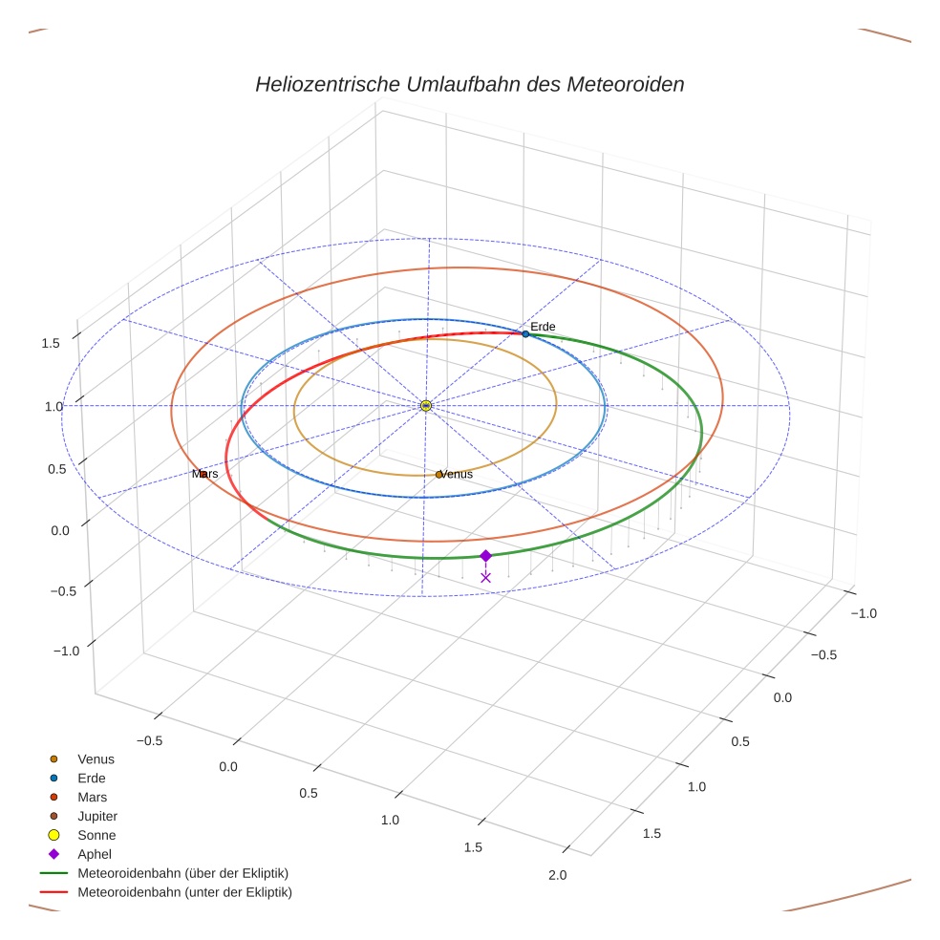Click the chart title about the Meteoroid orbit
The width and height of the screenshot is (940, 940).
469,84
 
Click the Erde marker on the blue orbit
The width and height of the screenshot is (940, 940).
525,333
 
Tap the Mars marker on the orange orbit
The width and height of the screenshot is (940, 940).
203,474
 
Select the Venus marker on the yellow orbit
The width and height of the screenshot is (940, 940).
438,475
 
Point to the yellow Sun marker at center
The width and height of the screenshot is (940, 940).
426,406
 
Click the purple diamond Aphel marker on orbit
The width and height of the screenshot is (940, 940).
485,556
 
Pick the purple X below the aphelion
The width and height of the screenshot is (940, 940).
485,577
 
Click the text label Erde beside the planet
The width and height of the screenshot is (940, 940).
543,327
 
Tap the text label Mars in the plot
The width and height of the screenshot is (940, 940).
204,474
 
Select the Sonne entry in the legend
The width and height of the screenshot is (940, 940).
96,835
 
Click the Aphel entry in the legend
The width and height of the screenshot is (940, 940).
95,854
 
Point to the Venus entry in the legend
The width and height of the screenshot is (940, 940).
96,758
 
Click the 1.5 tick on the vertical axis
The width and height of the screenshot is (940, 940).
52,343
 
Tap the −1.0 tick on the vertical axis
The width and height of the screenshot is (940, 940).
65,651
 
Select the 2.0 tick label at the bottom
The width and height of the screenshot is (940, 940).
557,875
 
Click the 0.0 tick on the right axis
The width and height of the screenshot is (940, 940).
781,697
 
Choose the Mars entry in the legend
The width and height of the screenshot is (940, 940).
92,797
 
